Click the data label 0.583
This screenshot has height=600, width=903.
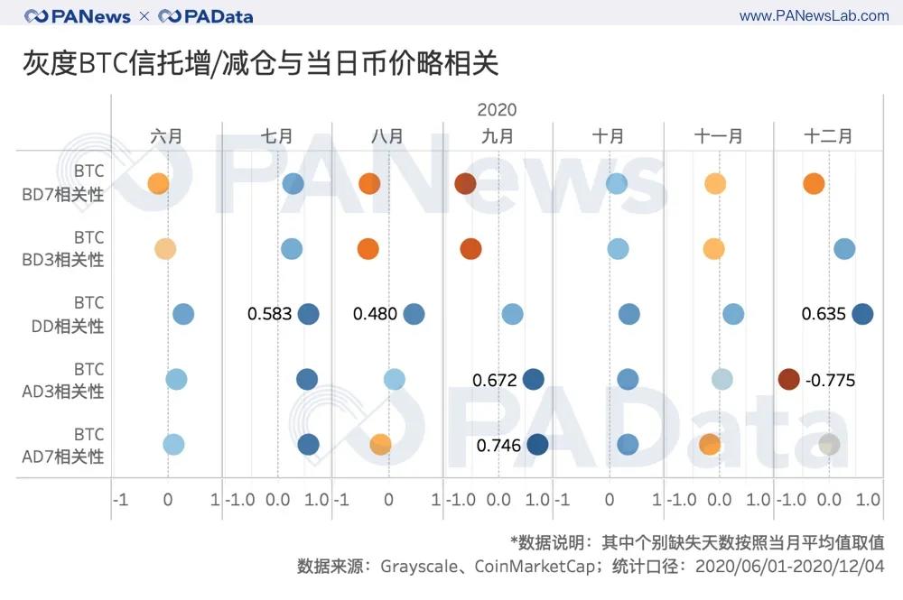(x=269, y=314)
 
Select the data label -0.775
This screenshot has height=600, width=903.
(x=829, y=380)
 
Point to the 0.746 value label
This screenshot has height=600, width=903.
(x=498, y=445)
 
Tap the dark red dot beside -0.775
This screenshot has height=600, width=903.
(x=788, y=379)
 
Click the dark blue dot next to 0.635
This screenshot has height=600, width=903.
(x=862, y=314)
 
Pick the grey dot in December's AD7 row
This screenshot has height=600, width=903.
(x=829, y=444)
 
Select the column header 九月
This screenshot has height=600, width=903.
(x=498, y=136)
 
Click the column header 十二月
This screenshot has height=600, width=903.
(x=827, y=136)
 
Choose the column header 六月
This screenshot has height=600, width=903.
(x=166, y=136)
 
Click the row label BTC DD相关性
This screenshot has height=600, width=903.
(x=77, y=314)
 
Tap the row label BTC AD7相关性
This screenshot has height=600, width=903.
(x=77, y=445)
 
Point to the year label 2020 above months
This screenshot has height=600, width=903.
(x=497, y=110)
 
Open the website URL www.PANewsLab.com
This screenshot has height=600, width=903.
(x=814, y=16)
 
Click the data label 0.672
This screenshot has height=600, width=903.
(x=494, y=380)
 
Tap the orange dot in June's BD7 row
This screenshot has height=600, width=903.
(x=158, y=183)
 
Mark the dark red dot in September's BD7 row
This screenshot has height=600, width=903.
(x=465, y=183)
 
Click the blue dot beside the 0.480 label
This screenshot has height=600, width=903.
(x=414, y=314)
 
